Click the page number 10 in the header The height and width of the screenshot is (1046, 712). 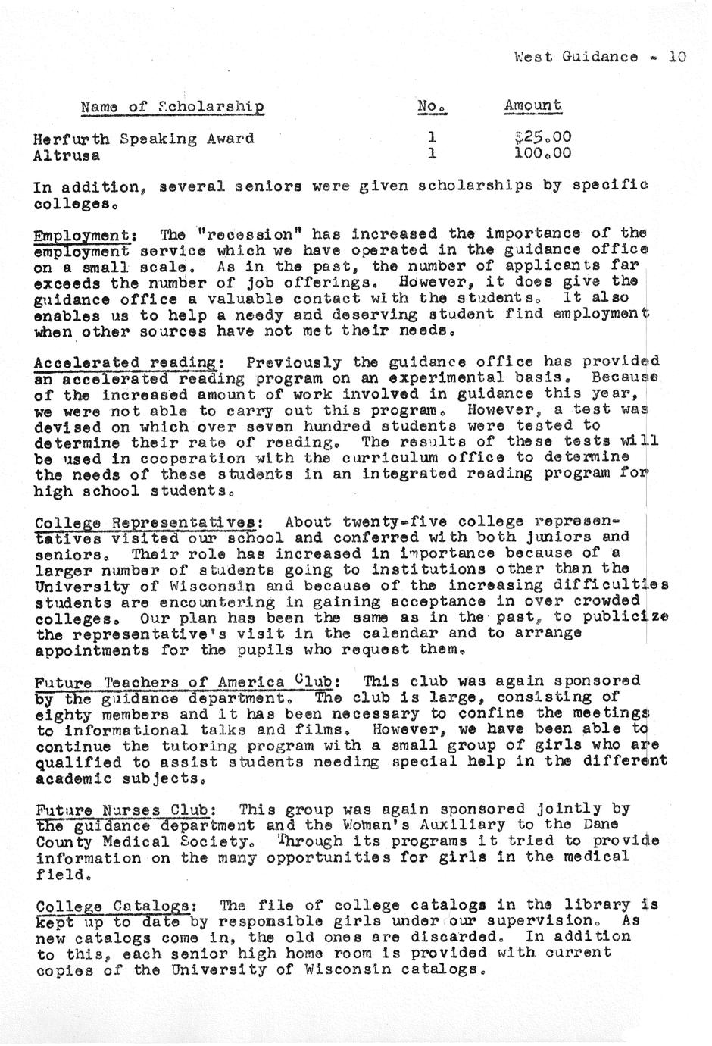(677, 56)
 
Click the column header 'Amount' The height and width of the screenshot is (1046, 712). (532, 106)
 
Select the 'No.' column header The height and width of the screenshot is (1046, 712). (433, 107)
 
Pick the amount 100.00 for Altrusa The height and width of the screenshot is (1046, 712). (540, 154)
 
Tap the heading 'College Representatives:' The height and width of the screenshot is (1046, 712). (149, 522)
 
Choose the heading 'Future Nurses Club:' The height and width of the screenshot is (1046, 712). (129, 810)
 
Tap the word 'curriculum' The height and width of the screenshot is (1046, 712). (413, 458)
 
